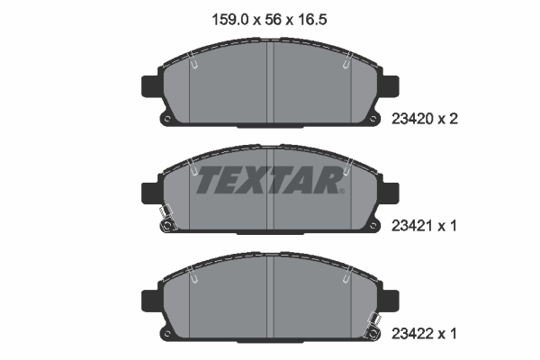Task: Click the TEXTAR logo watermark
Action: [x=267, y=180]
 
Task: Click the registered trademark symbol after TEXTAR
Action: [x=340, y=190]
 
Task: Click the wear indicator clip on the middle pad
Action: [x=165, y=219]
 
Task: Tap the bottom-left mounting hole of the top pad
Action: [x=165, y=118]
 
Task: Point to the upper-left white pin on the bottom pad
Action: [x=193, y=278]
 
